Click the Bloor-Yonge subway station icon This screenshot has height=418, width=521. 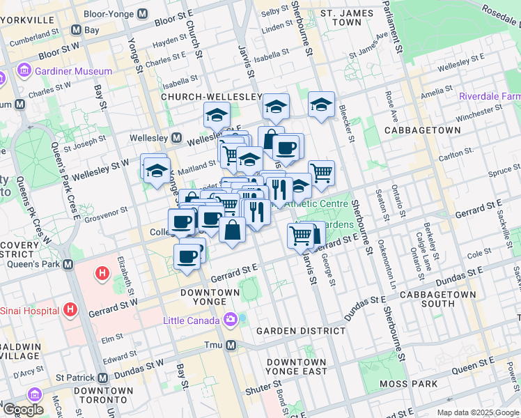[x=142, y=13]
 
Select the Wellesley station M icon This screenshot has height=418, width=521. [x=177, y=137]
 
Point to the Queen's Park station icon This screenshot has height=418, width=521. [x=68, y=265]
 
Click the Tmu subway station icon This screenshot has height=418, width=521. [x=231, y=345]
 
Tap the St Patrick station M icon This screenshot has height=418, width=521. [x=103, y=378]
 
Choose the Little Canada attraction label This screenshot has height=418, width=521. [x=192, y=320]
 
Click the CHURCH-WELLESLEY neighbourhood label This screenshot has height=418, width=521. [x=211, y=96]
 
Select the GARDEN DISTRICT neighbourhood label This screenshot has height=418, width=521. [x=301, y=330]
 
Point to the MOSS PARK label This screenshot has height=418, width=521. [x=409, y=384]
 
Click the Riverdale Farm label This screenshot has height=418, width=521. [x=490, y=96]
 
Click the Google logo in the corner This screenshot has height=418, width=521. [x=23, y=410]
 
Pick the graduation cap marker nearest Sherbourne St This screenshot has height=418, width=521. [x=320, y=105]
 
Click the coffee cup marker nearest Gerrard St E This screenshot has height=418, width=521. [x=187, y=256]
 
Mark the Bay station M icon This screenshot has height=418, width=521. [x=76, y=31]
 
